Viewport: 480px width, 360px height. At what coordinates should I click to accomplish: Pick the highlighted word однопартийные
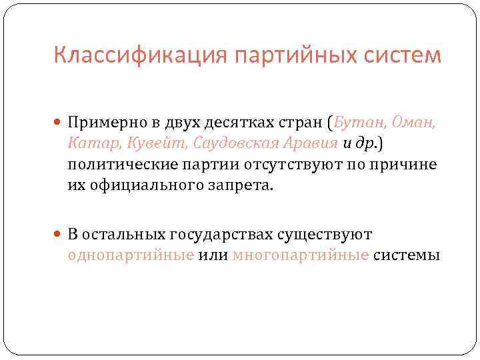coord(131,255)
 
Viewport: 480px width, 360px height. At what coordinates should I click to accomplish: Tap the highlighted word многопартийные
coord(301,255)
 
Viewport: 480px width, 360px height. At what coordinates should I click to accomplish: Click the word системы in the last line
coord(406,255)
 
